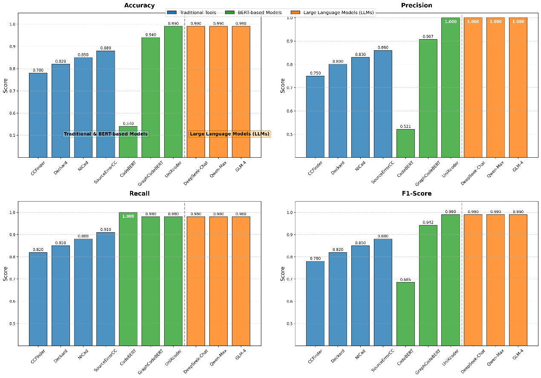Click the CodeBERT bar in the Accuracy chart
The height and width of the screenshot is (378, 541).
pyautogui.click(x=128, y=143)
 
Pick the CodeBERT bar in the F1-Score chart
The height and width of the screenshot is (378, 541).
pyautogui.click(x=405, y=313)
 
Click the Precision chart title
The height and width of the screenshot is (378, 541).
pyautogui.click(x=417, y=6)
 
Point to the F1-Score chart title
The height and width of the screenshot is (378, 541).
pyautogui.click(x=417, y=193)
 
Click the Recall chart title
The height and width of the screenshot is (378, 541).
pyautogui.click(x=139, y=193)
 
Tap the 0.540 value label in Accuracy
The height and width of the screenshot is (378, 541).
pyautogui.click(x=128, y=124)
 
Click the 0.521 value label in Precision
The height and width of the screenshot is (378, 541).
pyautogui.click(x=405, y=126)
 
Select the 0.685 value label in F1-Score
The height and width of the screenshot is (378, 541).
pyautogui.click(x=405, y=280)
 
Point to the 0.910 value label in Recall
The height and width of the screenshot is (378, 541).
pyautogui.click(x=106, y=229)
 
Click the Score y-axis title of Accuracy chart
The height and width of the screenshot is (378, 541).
pyautogui.click(x=6, y=85)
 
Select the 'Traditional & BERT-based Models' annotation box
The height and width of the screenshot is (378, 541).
pyautogui.click(x=105, y=134)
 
